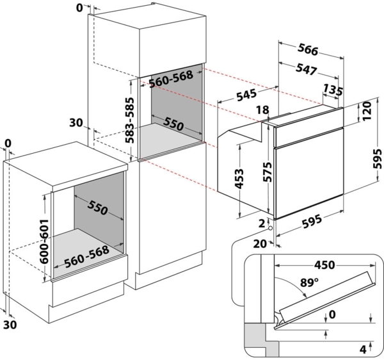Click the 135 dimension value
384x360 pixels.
click(333, 88)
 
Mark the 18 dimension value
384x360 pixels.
click(262, 110)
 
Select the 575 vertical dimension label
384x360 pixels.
click(268, 172)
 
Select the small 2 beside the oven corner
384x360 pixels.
click(262, 222)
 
